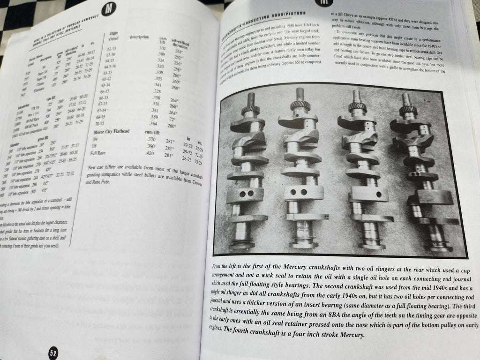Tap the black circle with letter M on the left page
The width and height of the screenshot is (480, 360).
point(109,9)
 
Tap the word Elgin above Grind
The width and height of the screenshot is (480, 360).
point(113,33)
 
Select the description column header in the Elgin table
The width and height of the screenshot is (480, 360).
point(140,37)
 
